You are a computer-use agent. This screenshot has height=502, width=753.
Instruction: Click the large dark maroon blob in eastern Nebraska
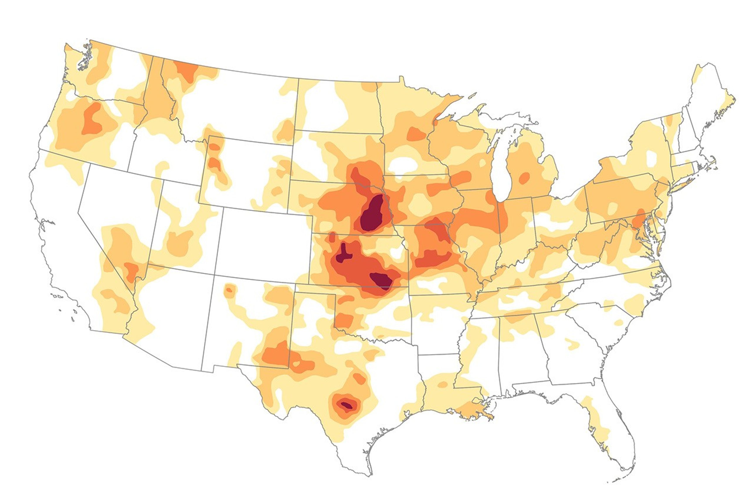(371, 214)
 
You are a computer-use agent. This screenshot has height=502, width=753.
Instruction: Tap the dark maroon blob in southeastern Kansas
(382, 281)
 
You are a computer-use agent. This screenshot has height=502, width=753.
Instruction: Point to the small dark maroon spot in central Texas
(347, 406)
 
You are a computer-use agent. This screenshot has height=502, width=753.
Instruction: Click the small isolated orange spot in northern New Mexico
(229, 290)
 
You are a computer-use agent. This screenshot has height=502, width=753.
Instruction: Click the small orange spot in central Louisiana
(443, 384)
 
